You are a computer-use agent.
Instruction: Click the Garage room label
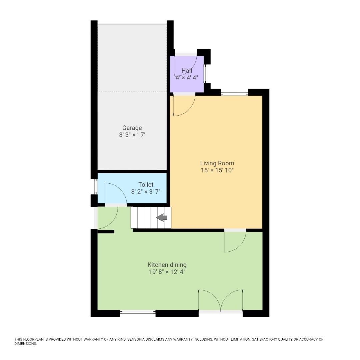(132, 128)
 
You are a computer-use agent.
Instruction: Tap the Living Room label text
(217, 163)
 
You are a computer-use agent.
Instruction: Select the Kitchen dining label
(167, 265)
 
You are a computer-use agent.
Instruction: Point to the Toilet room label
(146, 184)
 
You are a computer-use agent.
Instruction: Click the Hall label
(187, 71)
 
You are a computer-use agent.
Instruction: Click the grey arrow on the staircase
(162, 218)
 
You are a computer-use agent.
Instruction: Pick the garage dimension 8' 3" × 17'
(132, 135)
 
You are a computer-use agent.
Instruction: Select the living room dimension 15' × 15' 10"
(217, 170)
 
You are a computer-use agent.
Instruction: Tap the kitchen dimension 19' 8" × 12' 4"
(167, 272)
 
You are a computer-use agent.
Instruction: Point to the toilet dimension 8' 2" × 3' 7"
(146, 192)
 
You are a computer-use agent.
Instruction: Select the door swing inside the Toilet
(115, 193)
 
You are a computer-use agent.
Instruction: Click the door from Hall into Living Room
(184, 105)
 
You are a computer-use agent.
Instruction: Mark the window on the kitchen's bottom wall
(138, 312)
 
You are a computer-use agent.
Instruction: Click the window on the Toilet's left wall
(96, 187)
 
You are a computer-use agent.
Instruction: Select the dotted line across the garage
(132, 91)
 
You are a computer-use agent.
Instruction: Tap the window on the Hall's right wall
(205, 73)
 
